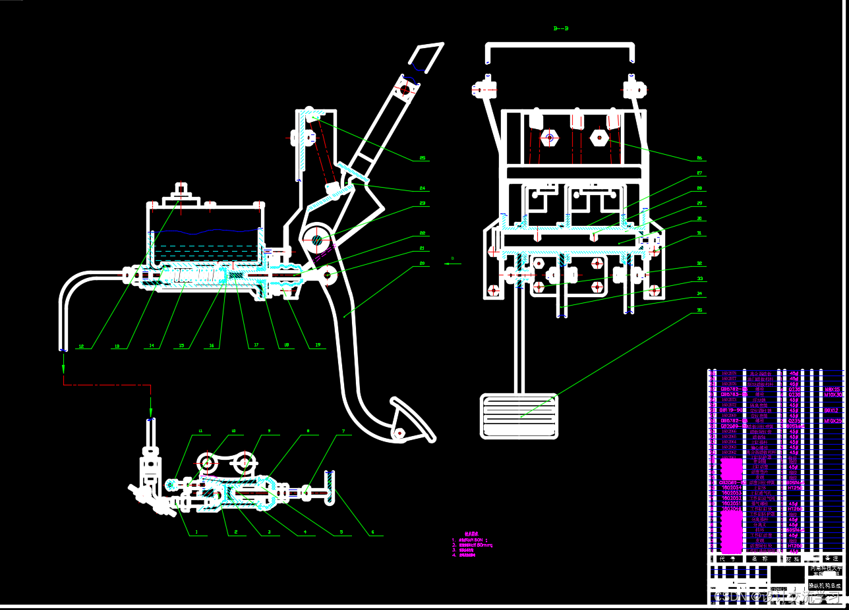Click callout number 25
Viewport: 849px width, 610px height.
click(x=423, y=158)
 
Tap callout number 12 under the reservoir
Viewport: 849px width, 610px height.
click(x=81, y=346)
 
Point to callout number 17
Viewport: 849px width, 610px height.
click(x=256, y=345)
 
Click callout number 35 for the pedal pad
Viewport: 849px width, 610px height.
click(x=699, y=310)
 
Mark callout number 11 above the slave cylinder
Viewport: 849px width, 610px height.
click(x=200, y=431)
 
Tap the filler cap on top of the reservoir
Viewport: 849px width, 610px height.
click(x=180, y=193)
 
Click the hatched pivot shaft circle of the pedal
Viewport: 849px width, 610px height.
click(x=318, y=240)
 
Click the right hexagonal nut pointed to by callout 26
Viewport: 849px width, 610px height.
click(x=599, y=137)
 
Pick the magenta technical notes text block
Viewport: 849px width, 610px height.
click(x=471, y=545)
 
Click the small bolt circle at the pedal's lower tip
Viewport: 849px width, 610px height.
click(x=399, y=433)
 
